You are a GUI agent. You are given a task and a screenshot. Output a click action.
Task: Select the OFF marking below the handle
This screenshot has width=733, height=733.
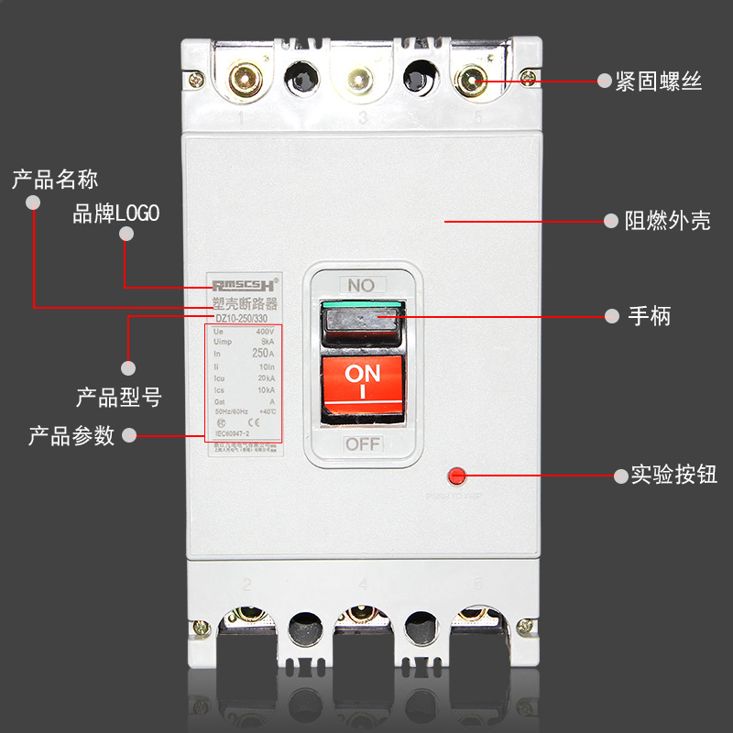click(363, 445)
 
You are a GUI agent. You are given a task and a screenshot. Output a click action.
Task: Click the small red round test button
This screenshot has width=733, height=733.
click(455, 476)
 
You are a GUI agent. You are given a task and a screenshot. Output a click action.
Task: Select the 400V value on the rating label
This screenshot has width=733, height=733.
click(265, 332)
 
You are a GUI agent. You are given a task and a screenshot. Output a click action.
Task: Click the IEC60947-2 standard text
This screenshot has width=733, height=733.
click(234, 433)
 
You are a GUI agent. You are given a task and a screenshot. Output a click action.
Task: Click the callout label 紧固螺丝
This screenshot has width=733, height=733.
click(659, 81)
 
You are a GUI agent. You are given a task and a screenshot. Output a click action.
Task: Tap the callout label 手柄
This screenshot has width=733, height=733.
click(650, 316)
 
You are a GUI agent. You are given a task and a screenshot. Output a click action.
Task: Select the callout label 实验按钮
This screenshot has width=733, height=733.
click(674, 476)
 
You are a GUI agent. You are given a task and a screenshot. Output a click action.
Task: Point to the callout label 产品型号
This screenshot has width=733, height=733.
click(118, 398)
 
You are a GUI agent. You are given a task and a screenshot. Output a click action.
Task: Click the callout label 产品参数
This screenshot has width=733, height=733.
click(71, 435)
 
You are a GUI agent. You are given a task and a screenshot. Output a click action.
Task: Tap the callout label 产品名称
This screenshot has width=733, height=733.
click(55, 178)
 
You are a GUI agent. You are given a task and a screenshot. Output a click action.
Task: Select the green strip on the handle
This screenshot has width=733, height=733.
click(362, 304)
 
